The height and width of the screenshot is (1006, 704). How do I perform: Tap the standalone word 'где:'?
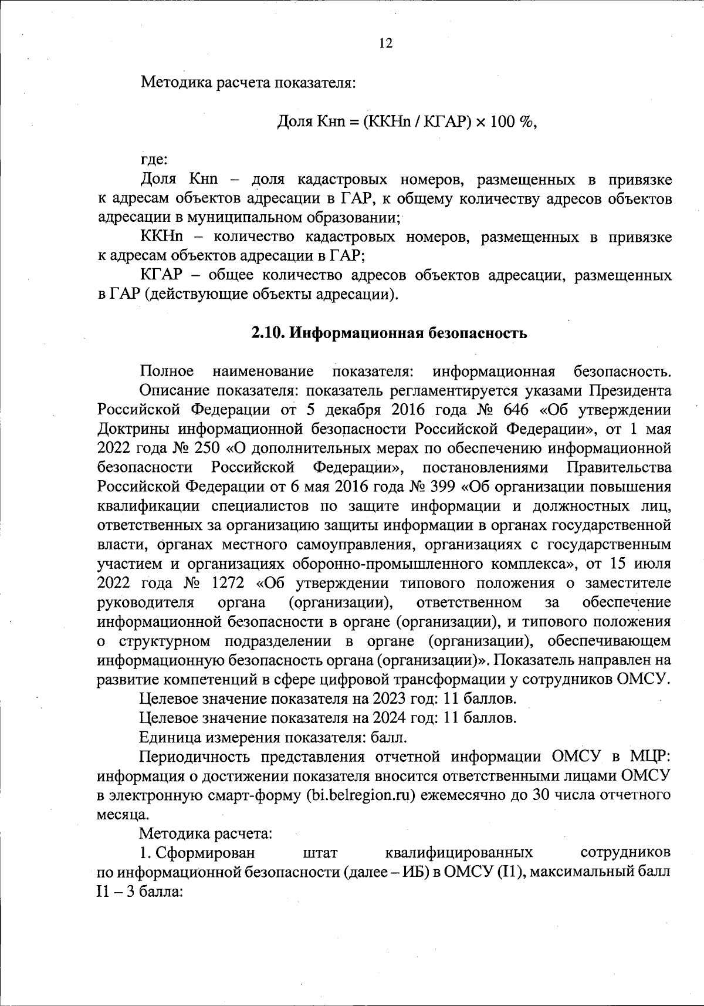click(155, 159)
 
